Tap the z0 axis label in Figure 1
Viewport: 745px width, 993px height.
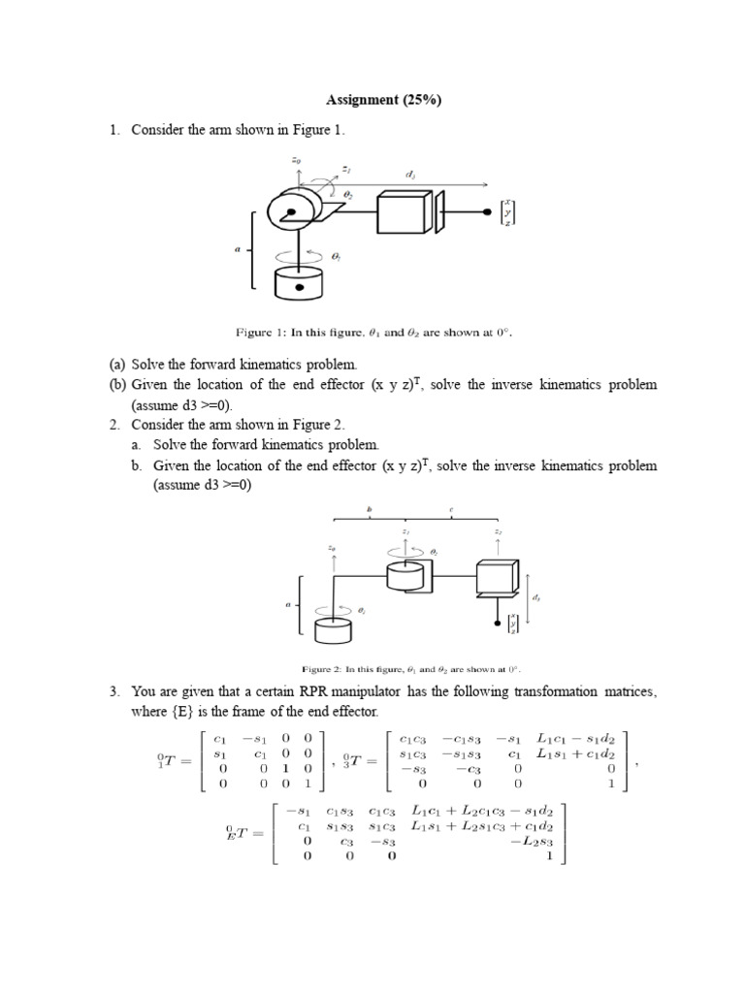coord(281,161)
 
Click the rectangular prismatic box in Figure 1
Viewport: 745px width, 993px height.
coord(402,213)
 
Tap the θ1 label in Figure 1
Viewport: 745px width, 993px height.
coord(335,256)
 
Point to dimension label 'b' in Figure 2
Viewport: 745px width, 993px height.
coord(369,508)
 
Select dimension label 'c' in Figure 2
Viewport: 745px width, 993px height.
coord(451,508)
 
